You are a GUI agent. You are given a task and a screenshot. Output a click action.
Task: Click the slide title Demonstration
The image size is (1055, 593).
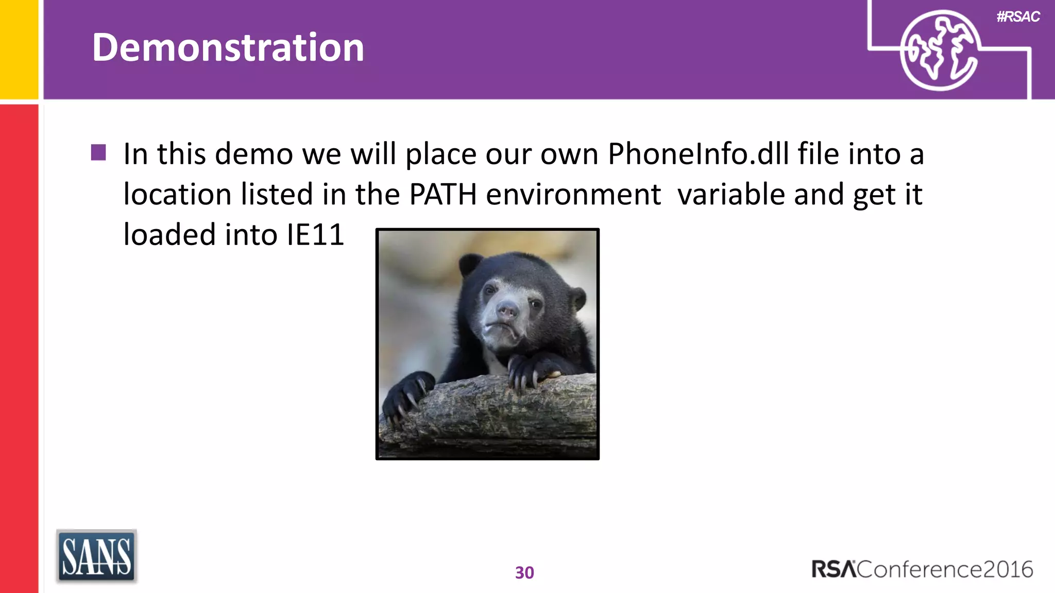click(x=228, y=47)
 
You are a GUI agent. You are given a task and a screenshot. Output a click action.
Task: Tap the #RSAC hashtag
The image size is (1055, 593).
click(x=1018, y=17)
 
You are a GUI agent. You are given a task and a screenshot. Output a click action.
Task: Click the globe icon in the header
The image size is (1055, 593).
click(x=939, y=50)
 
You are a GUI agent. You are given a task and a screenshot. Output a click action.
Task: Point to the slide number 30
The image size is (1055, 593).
click(x=524, y=572)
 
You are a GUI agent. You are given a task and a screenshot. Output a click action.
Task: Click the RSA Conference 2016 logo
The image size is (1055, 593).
click(x=922, y=569)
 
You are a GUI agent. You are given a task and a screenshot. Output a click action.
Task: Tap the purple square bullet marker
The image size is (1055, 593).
click(x=98, y=152)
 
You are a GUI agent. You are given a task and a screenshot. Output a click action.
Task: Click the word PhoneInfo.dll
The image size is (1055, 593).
click(x=698, y=154)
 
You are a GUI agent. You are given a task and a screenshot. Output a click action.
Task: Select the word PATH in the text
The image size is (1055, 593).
click(x=443, y=195)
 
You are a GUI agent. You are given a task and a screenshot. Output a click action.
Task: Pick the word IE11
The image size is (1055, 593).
click(x=315, y=235)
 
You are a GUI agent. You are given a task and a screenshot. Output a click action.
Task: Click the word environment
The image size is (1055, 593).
click(x=573, y=195)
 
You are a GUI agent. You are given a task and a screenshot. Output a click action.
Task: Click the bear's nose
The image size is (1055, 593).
click(x=507, y=311)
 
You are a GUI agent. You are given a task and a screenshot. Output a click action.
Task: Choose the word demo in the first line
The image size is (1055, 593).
click(x=253, y=154)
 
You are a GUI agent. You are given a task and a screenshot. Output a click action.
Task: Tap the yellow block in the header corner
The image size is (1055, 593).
click(x=19, y=49)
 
